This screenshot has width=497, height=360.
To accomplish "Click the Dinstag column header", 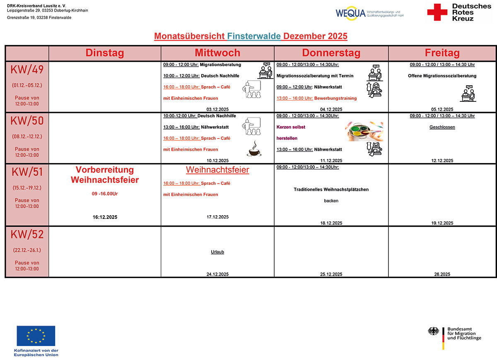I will tap(105, 53).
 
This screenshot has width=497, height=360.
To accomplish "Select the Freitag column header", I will tap(442, 53).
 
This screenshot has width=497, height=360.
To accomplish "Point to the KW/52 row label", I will tap(27, 234).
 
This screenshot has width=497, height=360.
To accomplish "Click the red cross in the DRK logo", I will tap(437, 12).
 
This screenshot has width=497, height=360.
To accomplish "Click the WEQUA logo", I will tap(369, 13).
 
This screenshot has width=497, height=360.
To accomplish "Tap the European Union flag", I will tap(36, 336).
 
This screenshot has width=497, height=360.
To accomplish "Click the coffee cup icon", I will tap(254, 149).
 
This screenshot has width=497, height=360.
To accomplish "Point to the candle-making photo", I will tap(364, 131).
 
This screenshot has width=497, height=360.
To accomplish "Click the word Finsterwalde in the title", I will tap(254, 36).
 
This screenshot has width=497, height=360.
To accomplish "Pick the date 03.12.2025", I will tap(217, 109).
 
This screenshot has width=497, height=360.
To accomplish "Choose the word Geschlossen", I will tap(442, 127).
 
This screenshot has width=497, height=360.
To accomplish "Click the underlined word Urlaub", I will tap(217, 252).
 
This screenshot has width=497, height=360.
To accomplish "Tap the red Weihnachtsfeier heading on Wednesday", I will tap(217, 170).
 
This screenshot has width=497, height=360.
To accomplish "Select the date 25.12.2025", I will tap(331, 274).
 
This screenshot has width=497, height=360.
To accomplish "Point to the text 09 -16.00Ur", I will tap(105, 193).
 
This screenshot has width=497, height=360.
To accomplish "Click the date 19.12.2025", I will tap(442, 223).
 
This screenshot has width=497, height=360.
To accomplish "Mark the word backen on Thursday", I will tap(331, 201).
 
